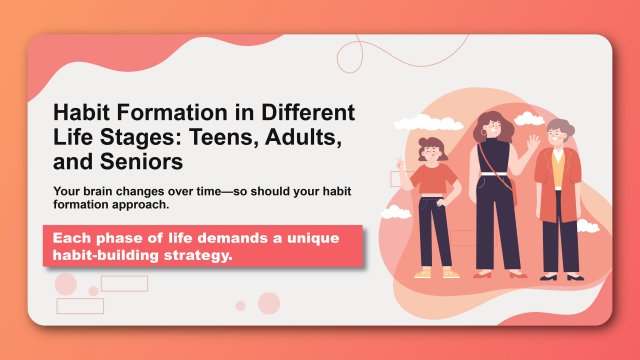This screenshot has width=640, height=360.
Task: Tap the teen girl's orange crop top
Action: click(x=434, y=181)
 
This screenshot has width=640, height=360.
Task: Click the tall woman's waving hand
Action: click(x=533, y=143)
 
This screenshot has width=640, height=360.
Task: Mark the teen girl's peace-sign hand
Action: click(x=399, y=162)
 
